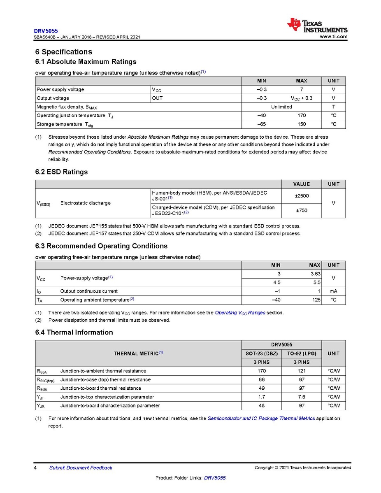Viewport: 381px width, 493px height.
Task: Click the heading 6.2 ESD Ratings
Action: (61, 172)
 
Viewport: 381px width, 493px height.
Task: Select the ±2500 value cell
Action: (302, 196)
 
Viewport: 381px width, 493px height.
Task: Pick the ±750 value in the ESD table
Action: (302, 211)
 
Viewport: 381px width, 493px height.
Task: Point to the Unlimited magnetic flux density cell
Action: (281, 107)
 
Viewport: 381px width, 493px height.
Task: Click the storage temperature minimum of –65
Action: (261, 124)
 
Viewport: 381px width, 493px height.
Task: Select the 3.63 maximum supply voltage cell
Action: (315, 274)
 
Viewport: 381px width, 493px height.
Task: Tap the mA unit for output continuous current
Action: (333, 291)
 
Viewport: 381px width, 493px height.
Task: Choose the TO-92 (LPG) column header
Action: (301, 353)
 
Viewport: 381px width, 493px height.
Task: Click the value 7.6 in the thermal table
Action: (301, 397)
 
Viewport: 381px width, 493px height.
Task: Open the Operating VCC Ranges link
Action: (240, 313)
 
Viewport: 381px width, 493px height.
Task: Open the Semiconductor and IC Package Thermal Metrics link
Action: (261, 419)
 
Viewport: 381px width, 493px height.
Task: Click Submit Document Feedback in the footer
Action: (81, 467)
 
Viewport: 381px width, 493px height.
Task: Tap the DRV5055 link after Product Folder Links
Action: (215, 478)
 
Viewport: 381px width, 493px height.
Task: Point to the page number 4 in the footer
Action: (36, 467)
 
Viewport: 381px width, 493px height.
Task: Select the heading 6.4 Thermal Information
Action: (74, 333)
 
